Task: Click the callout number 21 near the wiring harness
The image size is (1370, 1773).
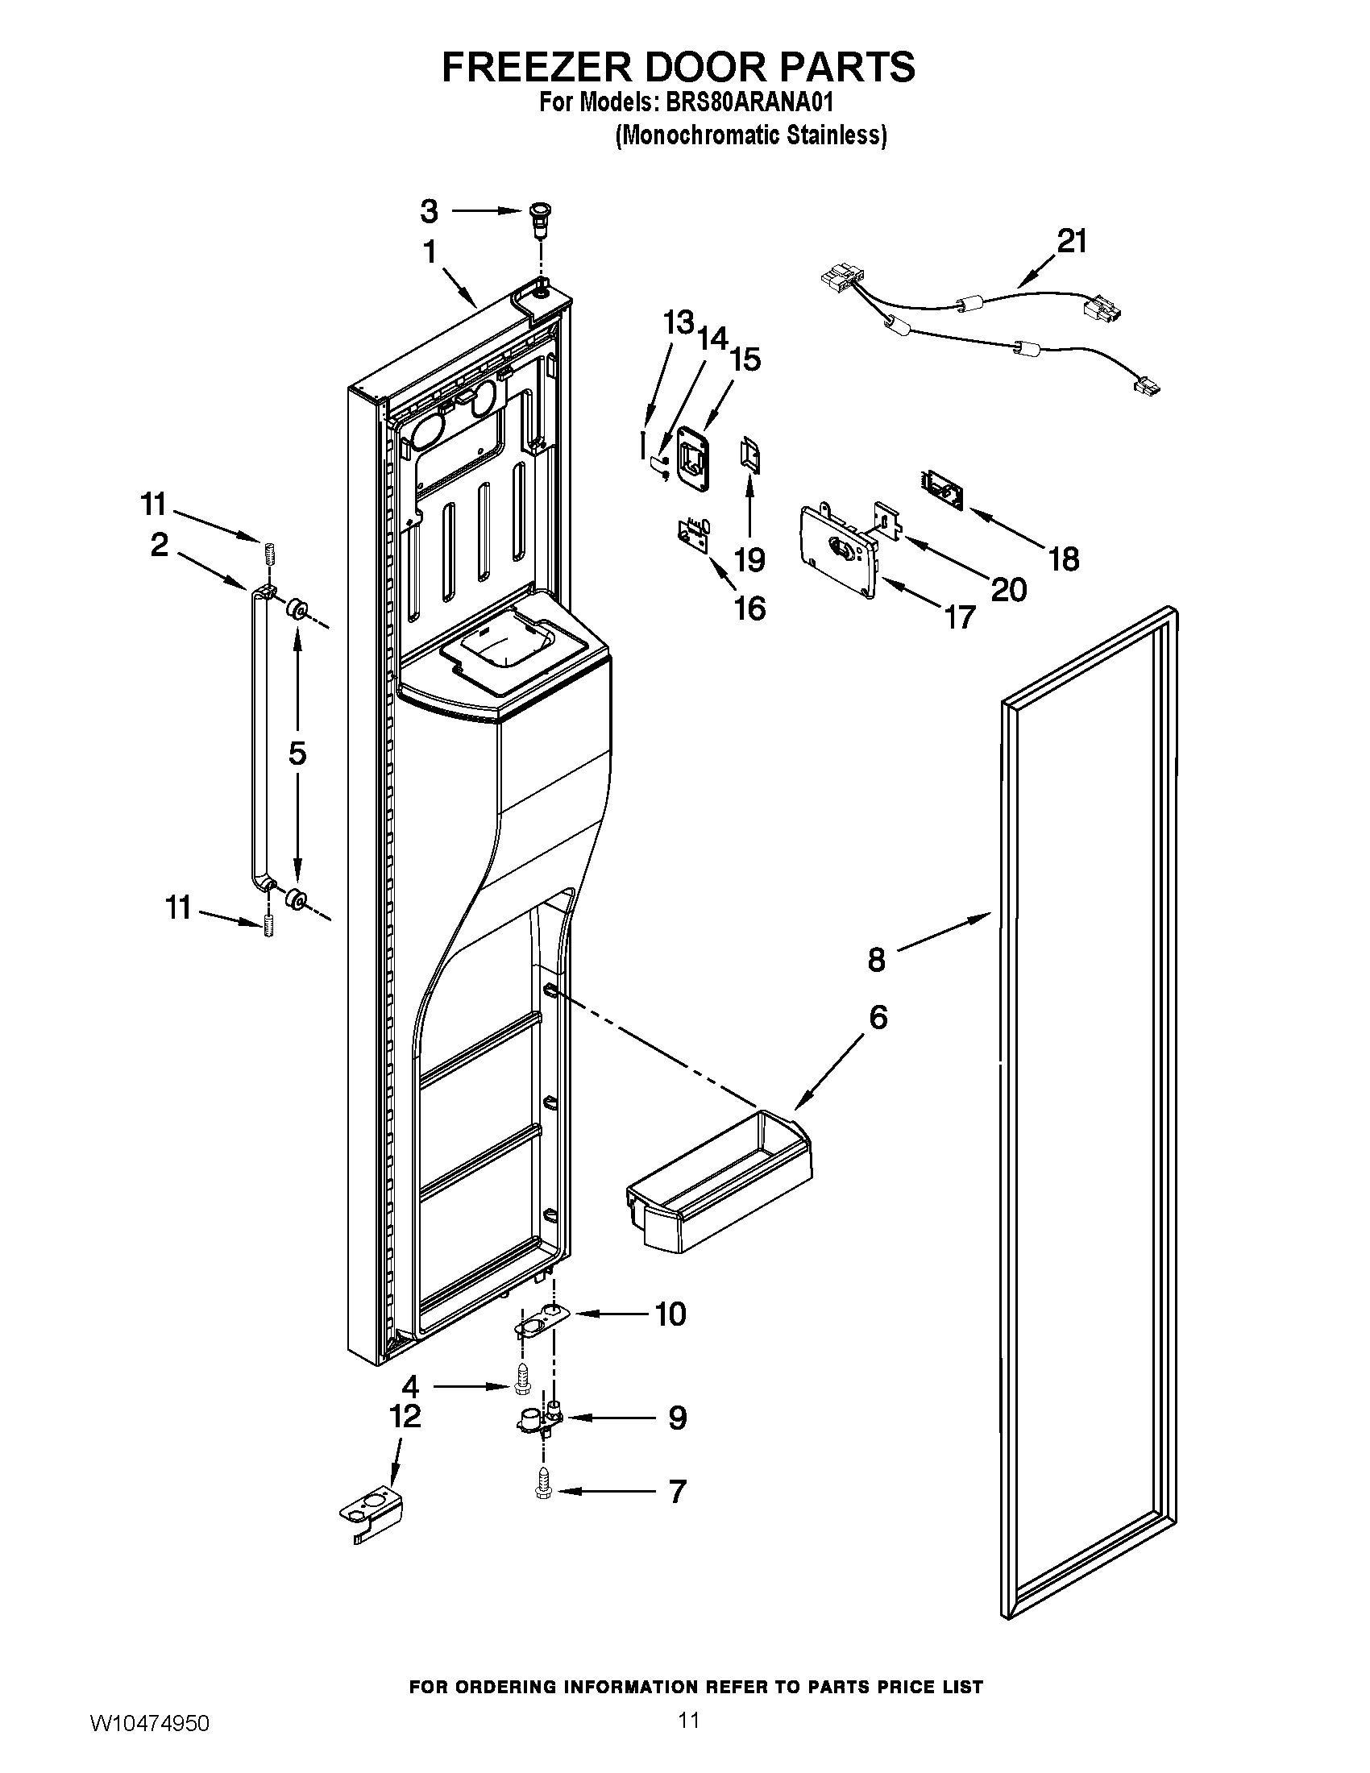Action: point(1071,241)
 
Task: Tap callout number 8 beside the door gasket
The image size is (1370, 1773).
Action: point(877,961)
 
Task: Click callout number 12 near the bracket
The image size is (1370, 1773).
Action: point(405,1416)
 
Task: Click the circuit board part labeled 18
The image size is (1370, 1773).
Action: point(941,488)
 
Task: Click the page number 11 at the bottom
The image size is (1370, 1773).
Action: point(688,1741)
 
